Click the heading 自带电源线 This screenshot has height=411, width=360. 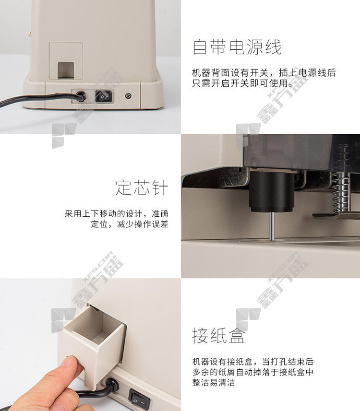237,47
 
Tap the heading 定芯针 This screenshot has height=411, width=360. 142,188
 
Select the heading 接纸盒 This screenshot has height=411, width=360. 219,335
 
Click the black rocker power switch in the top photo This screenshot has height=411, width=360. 103,96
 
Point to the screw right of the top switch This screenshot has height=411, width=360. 128,96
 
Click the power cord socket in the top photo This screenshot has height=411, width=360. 81,96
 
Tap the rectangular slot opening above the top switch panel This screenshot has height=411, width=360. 66,70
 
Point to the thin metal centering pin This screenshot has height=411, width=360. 272,226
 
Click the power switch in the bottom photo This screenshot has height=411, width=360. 140,399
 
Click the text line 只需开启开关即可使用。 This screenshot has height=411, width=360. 242,83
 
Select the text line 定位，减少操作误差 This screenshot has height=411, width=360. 130,224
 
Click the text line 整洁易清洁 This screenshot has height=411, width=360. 214,383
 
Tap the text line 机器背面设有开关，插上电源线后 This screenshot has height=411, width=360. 264,72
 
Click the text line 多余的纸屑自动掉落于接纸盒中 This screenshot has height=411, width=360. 253,372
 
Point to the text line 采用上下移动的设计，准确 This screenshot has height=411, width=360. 117,214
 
